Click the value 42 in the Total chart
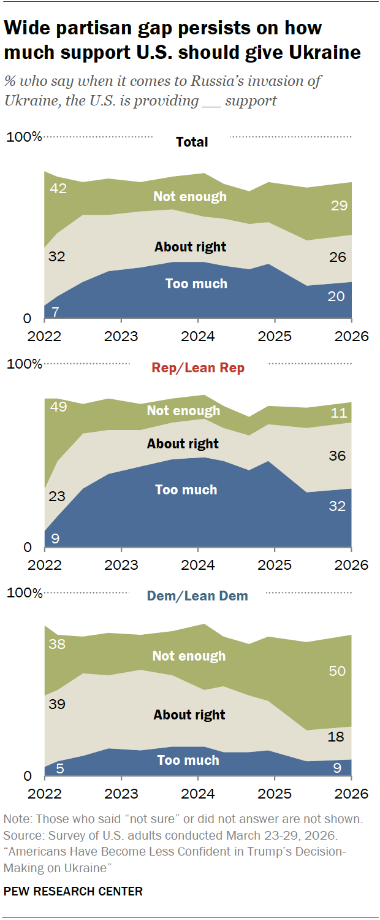pos(58,188)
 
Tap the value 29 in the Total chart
pos(338,206)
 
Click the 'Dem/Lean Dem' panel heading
pos(197,596)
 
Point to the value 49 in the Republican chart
pos(59,407)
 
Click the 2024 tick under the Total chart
pos(198,336)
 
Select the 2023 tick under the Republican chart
pos(121,564)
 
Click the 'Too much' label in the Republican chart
pos(186,489)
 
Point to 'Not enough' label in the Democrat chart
pos(189,656)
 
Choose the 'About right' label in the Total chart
pos(190,247)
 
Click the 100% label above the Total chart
pos(24,137)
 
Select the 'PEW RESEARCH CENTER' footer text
pos(74,891)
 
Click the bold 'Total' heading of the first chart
pos(192,142)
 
